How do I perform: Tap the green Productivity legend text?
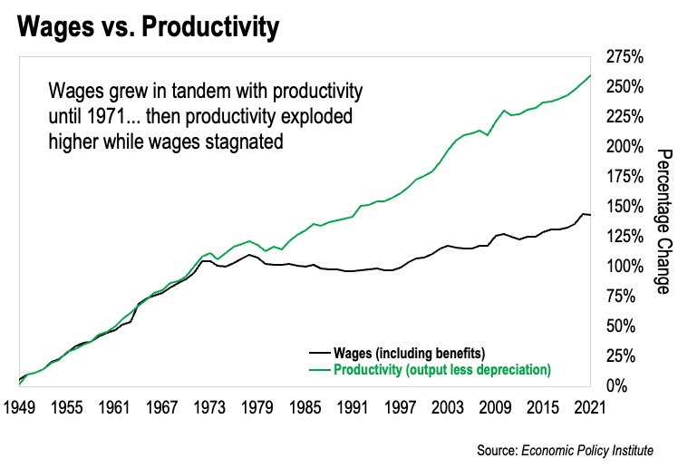[x=442, y=369]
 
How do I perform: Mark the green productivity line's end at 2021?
[x=590, y=75]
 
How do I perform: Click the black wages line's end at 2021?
[x=590, y=215]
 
